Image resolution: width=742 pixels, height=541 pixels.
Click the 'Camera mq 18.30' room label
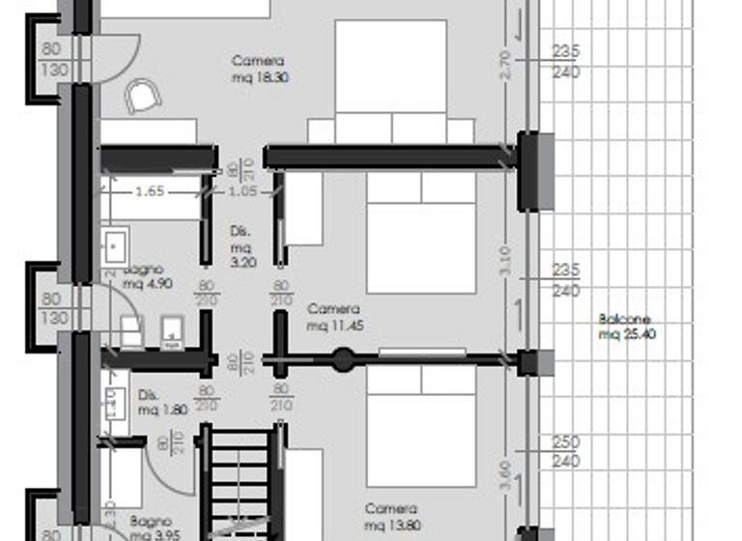pyautogui.click(x=259, y=69)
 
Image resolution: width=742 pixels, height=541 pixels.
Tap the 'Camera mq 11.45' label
pyautogui.click(x=334, y=318)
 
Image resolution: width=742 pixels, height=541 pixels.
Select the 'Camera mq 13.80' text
pyautogui.click(x=391, y=517)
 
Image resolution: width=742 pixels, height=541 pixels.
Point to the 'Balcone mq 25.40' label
pyautogui.click(x=623, y=327)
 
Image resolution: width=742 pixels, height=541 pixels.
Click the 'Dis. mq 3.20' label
pyautogui.click(x=243, y=246)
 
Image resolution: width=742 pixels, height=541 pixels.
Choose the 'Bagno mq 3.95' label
pyautogui.click(x=153, y=527)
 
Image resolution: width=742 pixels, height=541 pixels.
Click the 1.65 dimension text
pyautogui.click(x=149, y=192)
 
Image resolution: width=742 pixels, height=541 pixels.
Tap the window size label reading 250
pyautogui.click(x=566, y=441)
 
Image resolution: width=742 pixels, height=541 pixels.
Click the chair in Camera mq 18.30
pyautogui.click(x=143, y=97)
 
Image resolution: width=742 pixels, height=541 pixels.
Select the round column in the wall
pyautogui.click(x=342, y=361)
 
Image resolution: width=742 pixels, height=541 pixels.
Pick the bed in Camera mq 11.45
pyautogui.click(x=421, y=233)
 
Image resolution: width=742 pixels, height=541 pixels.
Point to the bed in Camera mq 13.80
pyautogui.click(x=421, y=425)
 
